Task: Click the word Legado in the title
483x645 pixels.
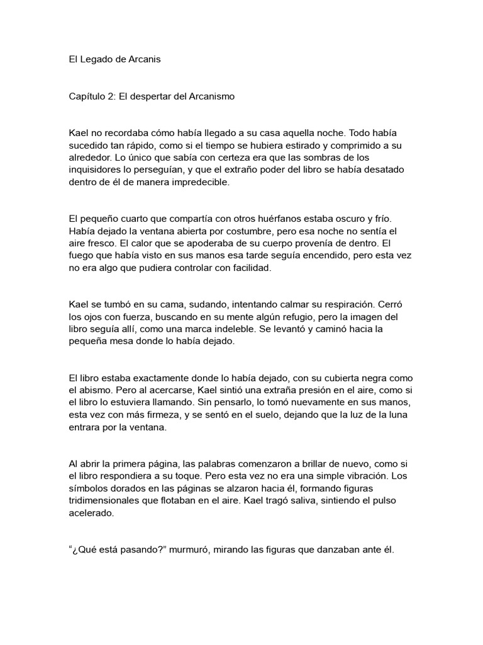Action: [94, 60]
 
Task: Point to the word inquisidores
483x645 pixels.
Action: [96, 170]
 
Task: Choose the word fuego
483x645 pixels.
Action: [82, 255]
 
